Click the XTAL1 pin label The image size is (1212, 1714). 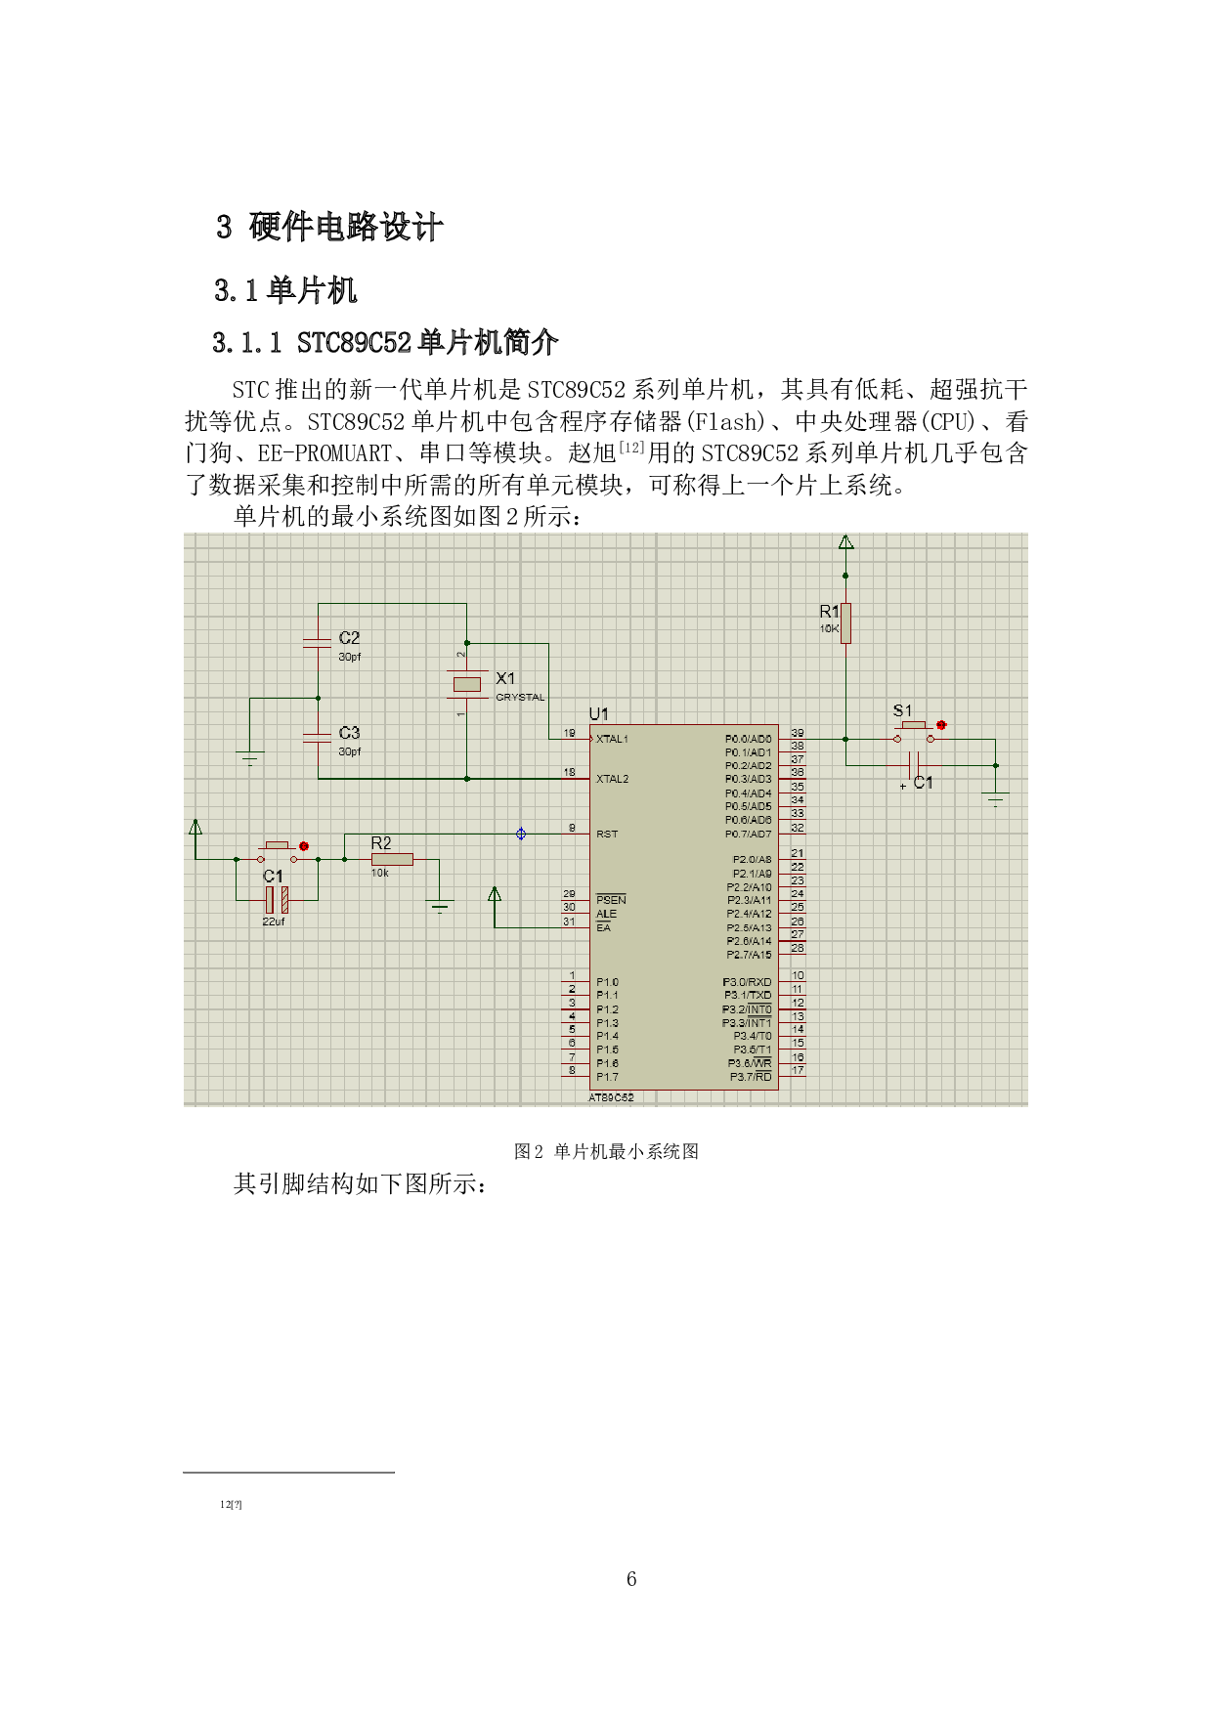(612, 739)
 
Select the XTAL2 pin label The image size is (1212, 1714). (612, 779)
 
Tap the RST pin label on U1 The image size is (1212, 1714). (607, 835)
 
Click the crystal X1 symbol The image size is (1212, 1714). (467, 684)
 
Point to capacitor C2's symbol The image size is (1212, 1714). (318, 642)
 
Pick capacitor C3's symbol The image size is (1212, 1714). (318, 737)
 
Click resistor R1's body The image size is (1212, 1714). (845, 623)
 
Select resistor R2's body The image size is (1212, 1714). (392, 860)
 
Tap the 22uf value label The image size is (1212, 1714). (274, 921)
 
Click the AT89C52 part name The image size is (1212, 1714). (611, 1097)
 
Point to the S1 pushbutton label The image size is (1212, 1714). (902, 710)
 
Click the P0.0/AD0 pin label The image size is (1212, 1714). (748, 739)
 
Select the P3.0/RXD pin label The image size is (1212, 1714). (747, 982)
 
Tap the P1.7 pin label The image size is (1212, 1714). (607, 1077)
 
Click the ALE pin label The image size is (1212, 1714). (606, 914)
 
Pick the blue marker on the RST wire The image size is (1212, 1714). (521, 834)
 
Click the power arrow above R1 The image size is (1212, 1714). (845, 542)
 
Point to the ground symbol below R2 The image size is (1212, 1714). (440, 908)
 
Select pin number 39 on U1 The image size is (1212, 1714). (798, 733)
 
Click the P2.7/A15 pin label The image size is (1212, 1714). (749, 955)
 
